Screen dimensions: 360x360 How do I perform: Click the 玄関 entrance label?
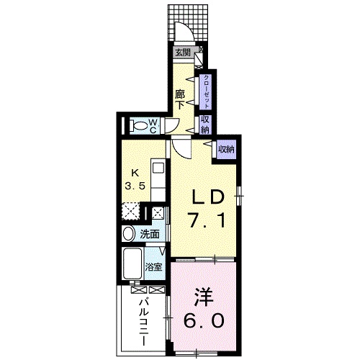[x=183, y=53]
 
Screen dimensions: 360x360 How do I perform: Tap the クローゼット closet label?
[x=206, y=91]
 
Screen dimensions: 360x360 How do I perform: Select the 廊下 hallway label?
[x=180, y=99]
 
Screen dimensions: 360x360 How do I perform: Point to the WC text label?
[x=153, y=126]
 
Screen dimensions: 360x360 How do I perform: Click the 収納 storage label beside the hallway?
[x=206, y=125]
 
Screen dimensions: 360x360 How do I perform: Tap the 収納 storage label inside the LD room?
[x=226, y=149]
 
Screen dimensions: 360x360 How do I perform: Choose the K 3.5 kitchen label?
[x=135, y=179]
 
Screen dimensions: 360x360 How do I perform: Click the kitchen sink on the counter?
[x=158, y=167]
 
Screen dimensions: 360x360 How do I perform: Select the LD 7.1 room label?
[x=207, y=209]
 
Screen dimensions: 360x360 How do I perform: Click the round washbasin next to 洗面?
[x=129, y=233]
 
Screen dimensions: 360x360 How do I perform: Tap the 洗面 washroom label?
[x=150, y=234]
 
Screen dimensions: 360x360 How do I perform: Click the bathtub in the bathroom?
[x=132, y=264]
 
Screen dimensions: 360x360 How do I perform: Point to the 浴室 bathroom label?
[x=153, y=267]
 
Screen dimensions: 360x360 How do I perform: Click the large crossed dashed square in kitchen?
[x=130, y=211]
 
